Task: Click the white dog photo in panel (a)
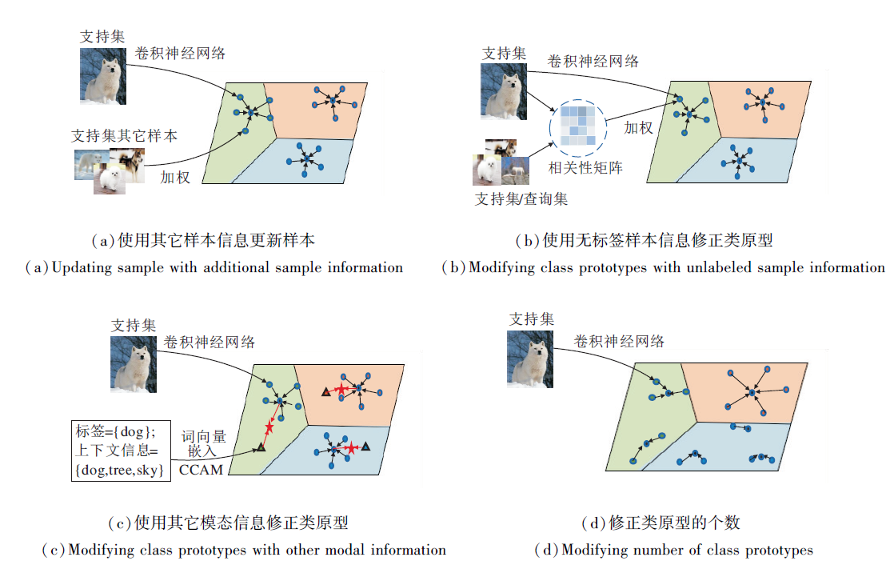pyautogui.click(x=103, y=76)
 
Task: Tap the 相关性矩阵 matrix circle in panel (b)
pyautogui.click(x=577, y=129)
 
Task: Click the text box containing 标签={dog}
pyautogui.click(x=121, y=451)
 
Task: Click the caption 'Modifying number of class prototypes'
pyautogui.click(x=673, y=550)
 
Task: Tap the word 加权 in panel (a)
pyautogui.click(x=175, y=177)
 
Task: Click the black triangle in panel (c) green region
pyautogui.click(x=261, y=448)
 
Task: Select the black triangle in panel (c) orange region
pyautogui.click(x=325, y=391)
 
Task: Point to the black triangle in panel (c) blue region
pyautogui.click(x=365, y=446)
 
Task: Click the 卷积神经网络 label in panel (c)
pyautogui.click(x=210, y=342)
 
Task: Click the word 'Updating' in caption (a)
pyautogui.click(x=82, y=267)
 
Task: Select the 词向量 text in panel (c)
pyautogui.click(x=203, y=437)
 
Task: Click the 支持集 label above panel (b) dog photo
pyautogui.click(x=505, y=54)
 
